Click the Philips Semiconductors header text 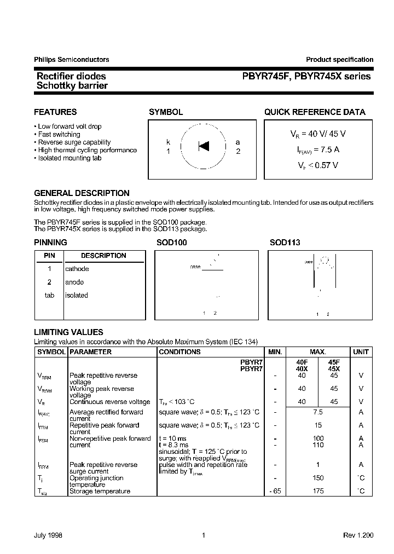pyautogui.click(x=72, y=60)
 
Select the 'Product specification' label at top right pyautogui.click(x=339, y=60)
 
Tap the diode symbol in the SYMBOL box pyautogui.click(x=204, y=146)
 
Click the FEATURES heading pyautogui.click(x=55, y=112)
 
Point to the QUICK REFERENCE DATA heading pyautogui.click(x=315, y=112)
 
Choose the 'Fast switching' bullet pyautogui.click(x=59, y=134)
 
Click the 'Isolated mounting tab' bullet pyautogui.click(x=69, y=158)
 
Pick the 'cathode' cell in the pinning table pyautogui.click(x=77, y=269)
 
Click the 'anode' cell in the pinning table pyautogui.click(x=75, y=282)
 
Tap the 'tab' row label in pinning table pyautogui.click(x=49, y=295)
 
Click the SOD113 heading pyautogui.click(x=285, y=243)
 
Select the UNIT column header pyautogui.click(x=361, y=352)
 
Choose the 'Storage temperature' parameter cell pyautogui.click(x=100, y=491)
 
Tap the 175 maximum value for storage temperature pyautogui.click(x=318, y=491)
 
